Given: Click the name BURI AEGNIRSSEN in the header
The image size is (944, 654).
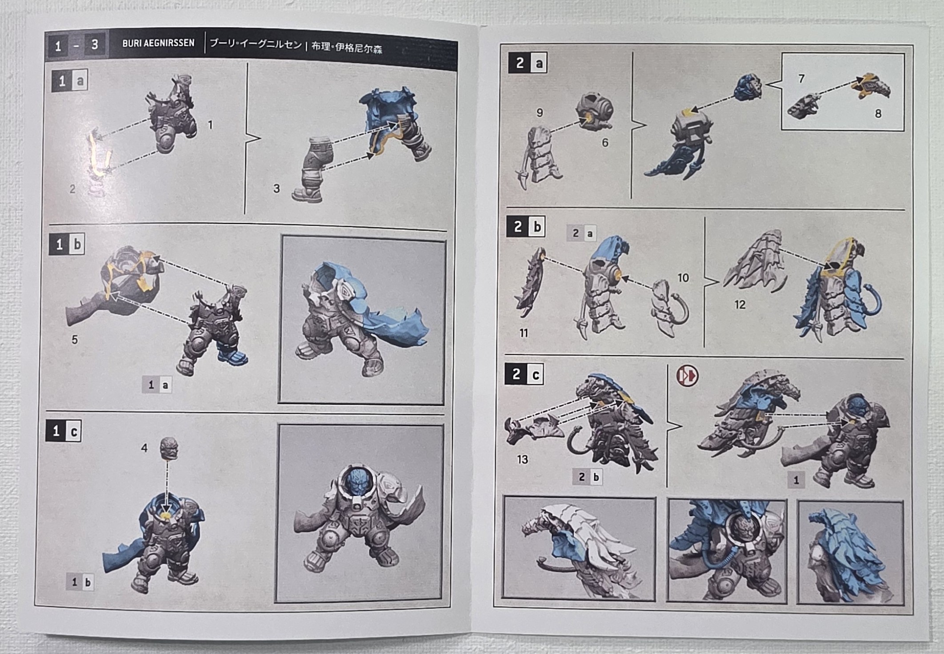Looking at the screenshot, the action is [158, 43].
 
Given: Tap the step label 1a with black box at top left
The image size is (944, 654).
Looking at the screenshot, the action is [70, 80].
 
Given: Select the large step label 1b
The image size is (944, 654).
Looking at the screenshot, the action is [68, 244].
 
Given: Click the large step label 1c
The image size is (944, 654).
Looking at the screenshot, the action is [64, 431].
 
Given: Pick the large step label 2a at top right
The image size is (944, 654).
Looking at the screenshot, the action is [528, 63].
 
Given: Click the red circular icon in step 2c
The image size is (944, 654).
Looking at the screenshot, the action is [687, 376].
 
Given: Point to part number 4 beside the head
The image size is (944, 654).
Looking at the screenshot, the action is [144, 448].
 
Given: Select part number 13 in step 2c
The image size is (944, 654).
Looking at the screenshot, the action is [522, 459].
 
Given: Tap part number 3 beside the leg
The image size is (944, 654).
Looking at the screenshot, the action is [276, 189].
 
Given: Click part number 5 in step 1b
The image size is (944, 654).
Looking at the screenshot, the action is [75, 340].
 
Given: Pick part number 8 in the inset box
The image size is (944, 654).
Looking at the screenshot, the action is [878, 114].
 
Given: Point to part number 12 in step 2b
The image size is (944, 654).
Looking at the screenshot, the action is [740, 305].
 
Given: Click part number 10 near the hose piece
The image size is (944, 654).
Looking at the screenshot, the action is [683, 278].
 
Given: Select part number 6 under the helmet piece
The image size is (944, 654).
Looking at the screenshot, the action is [604, 143].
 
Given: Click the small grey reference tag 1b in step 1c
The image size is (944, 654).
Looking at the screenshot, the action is [81, 582].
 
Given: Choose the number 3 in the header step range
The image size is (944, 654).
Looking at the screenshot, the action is [94, 45].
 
